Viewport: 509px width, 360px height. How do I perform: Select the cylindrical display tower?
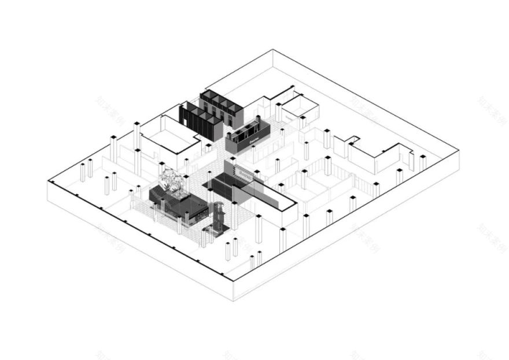(219, 217)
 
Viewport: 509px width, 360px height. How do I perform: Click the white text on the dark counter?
(253, 139)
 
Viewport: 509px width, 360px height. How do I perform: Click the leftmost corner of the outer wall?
(49, 181)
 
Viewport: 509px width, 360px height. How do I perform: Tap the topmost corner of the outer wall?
(272, 50)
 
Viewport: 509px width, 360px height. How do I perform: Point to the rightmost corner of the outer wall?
(459, 151)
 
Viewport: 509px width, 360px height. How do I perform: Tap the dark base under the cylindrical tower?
(213, 233)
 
